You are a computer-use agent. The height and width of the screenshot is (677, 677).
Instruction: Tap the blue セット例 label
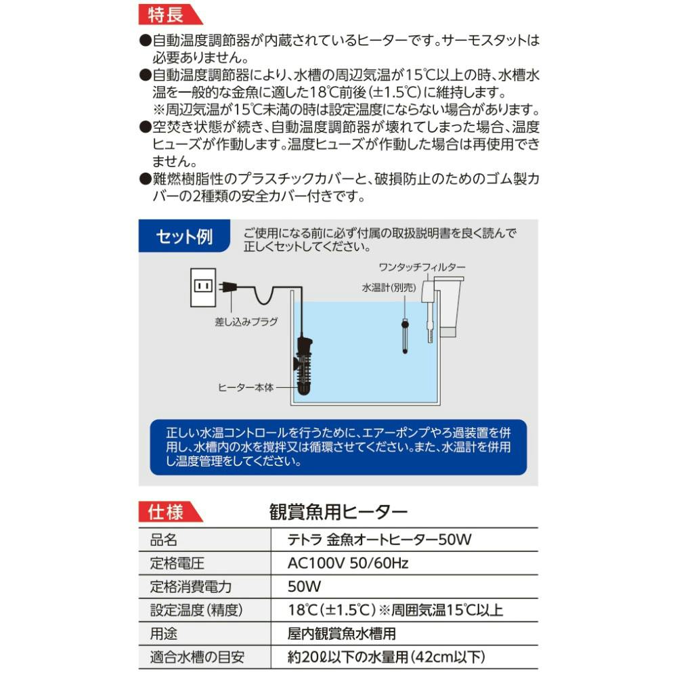183,236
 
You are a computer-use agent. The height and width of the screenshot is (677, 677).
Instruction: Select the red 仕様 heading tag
167,512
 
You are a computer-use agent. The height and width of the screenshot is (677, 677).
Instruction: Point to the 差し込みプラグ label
246,322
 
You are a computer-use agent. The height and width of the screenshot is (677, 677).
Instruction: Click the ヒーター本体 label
246,388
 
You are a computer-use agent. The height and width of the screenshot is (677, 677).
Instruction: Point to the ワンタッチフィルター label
431,267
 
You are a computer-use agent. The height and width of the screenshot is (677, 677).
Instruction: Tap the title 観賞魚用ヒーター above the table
338,511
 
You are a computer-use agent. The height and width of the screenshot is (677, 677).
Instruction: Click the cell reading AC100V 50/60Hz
349,563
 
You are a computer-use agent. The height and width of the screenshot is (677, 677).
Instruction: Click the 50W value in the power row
305,586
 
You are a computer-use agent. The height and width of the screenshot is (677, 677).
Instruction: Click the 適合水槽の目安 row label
197,657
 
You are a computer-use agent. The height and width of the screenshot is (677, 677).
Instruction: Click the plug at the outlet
227,287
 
